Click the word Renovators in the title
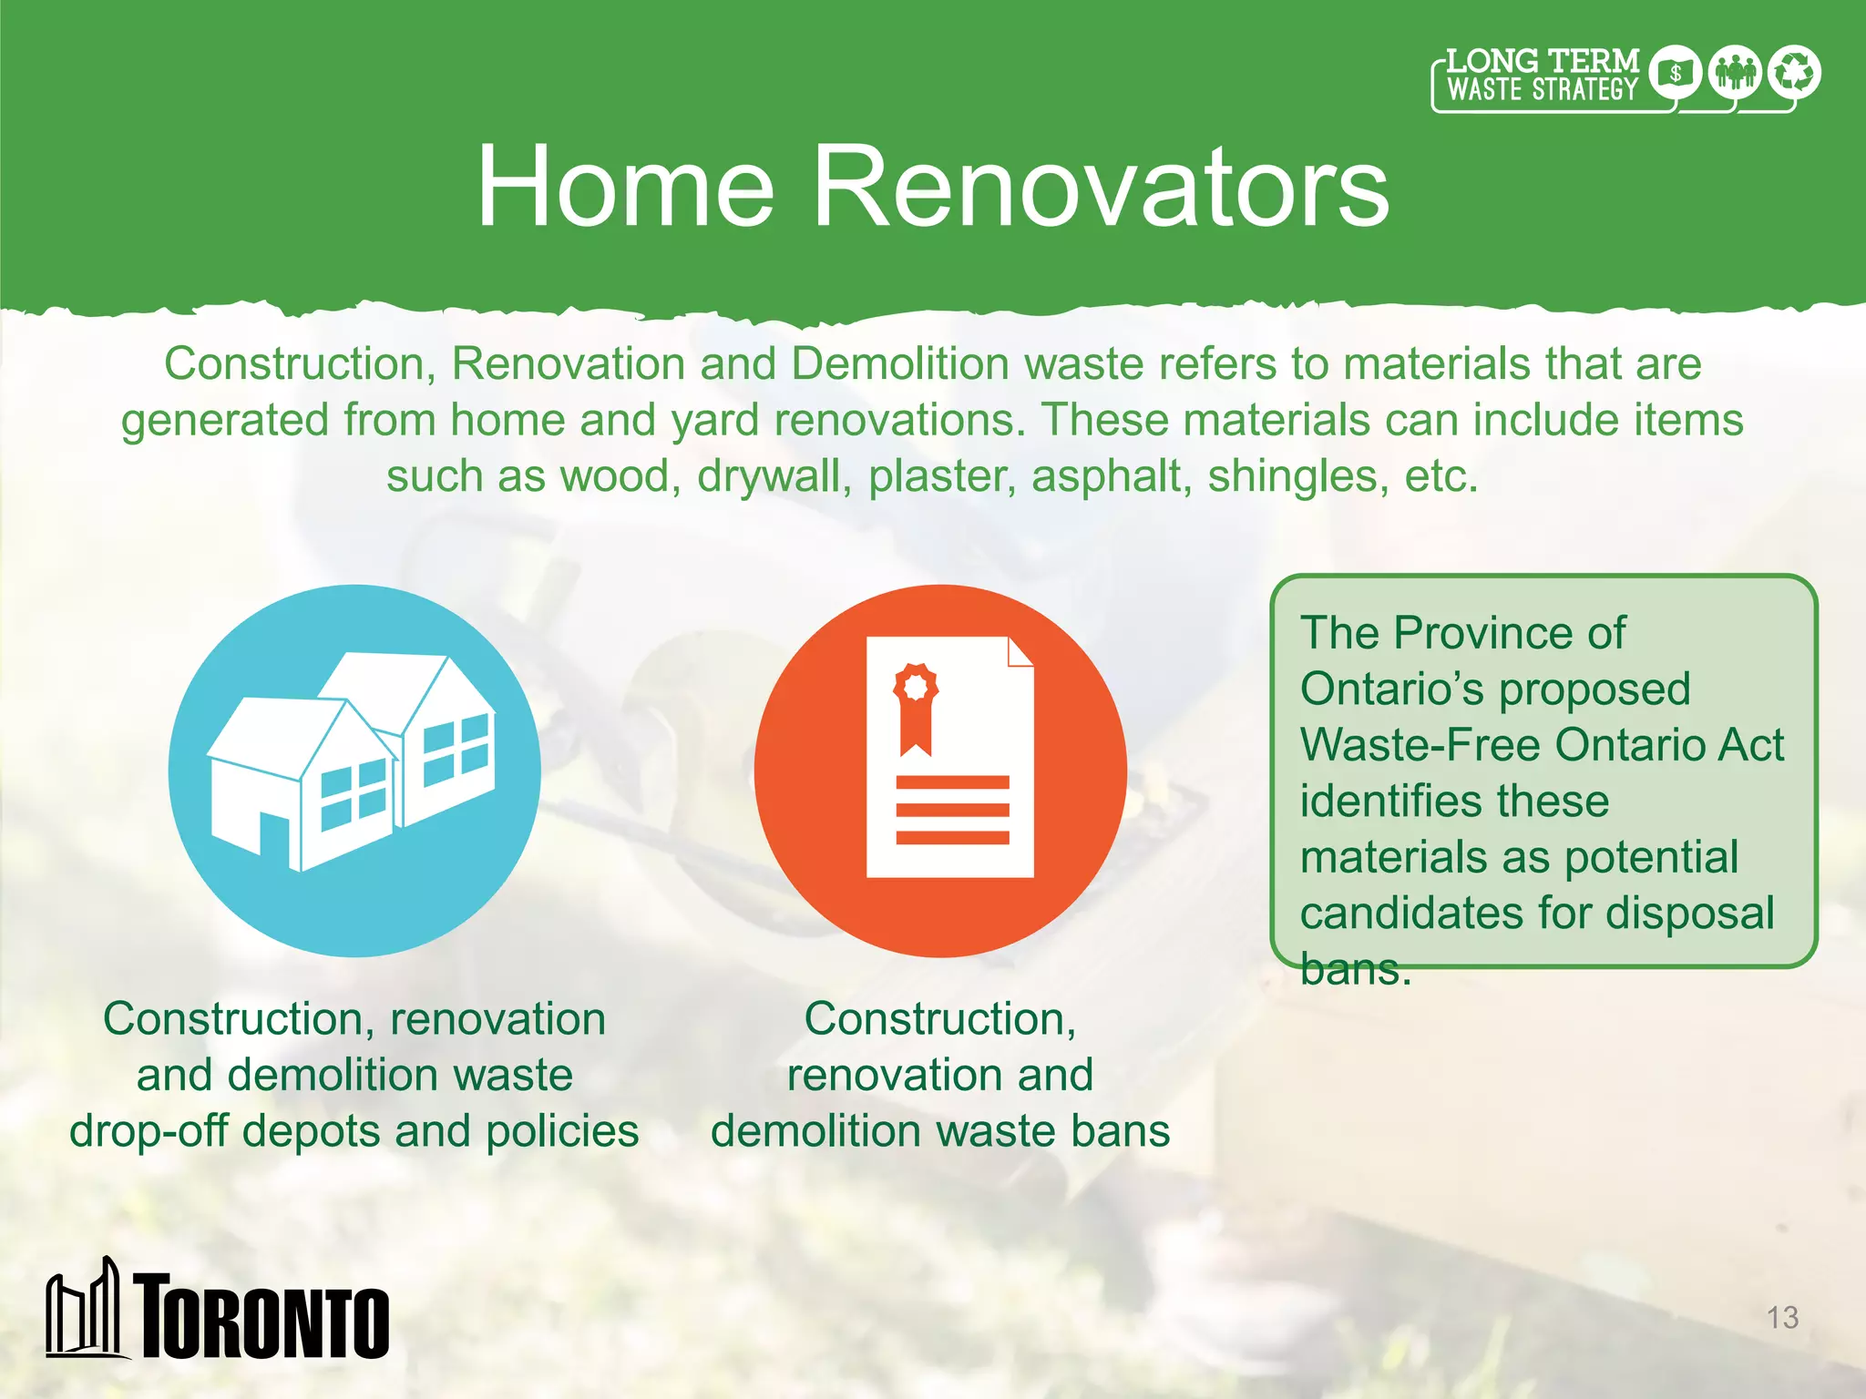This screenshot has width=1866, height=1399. pos(1100,188)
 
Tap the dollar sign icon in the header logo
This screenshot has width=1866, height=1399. pos(1675,73)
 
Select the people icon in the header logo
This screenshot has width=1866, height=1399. pos(1735,72)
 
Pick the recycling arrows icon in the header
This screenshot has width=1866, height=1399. pos(1794,72)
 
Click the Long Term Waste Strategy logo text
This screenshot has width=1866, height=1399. pos(1542,77)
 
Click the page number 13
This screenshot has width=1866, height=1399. pos(1782,1317)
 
